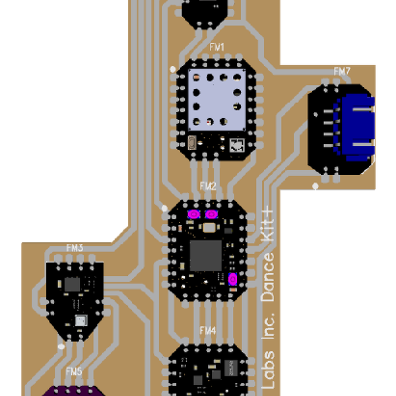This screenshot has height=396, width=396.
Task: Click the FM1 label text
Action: [216, 48]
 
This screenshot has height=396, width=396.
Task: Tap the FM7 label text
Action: [342, 71]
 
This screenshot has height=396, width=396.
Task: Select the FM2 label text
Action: [207, 187]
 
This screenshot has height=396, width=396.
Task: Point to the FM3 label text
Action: [75, 249]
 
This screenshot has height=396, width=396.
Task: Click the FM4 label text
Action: [207, 330]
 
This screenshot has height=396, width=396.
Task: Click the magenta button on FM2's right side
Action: [233, 280]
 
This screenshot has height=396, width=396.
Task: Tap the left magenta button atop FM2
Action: [194, 214]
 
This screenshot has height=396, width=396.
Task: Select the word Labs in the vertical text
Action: [268, 372]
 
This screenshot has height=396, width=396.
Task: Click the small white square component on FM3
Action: [81, 320]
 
